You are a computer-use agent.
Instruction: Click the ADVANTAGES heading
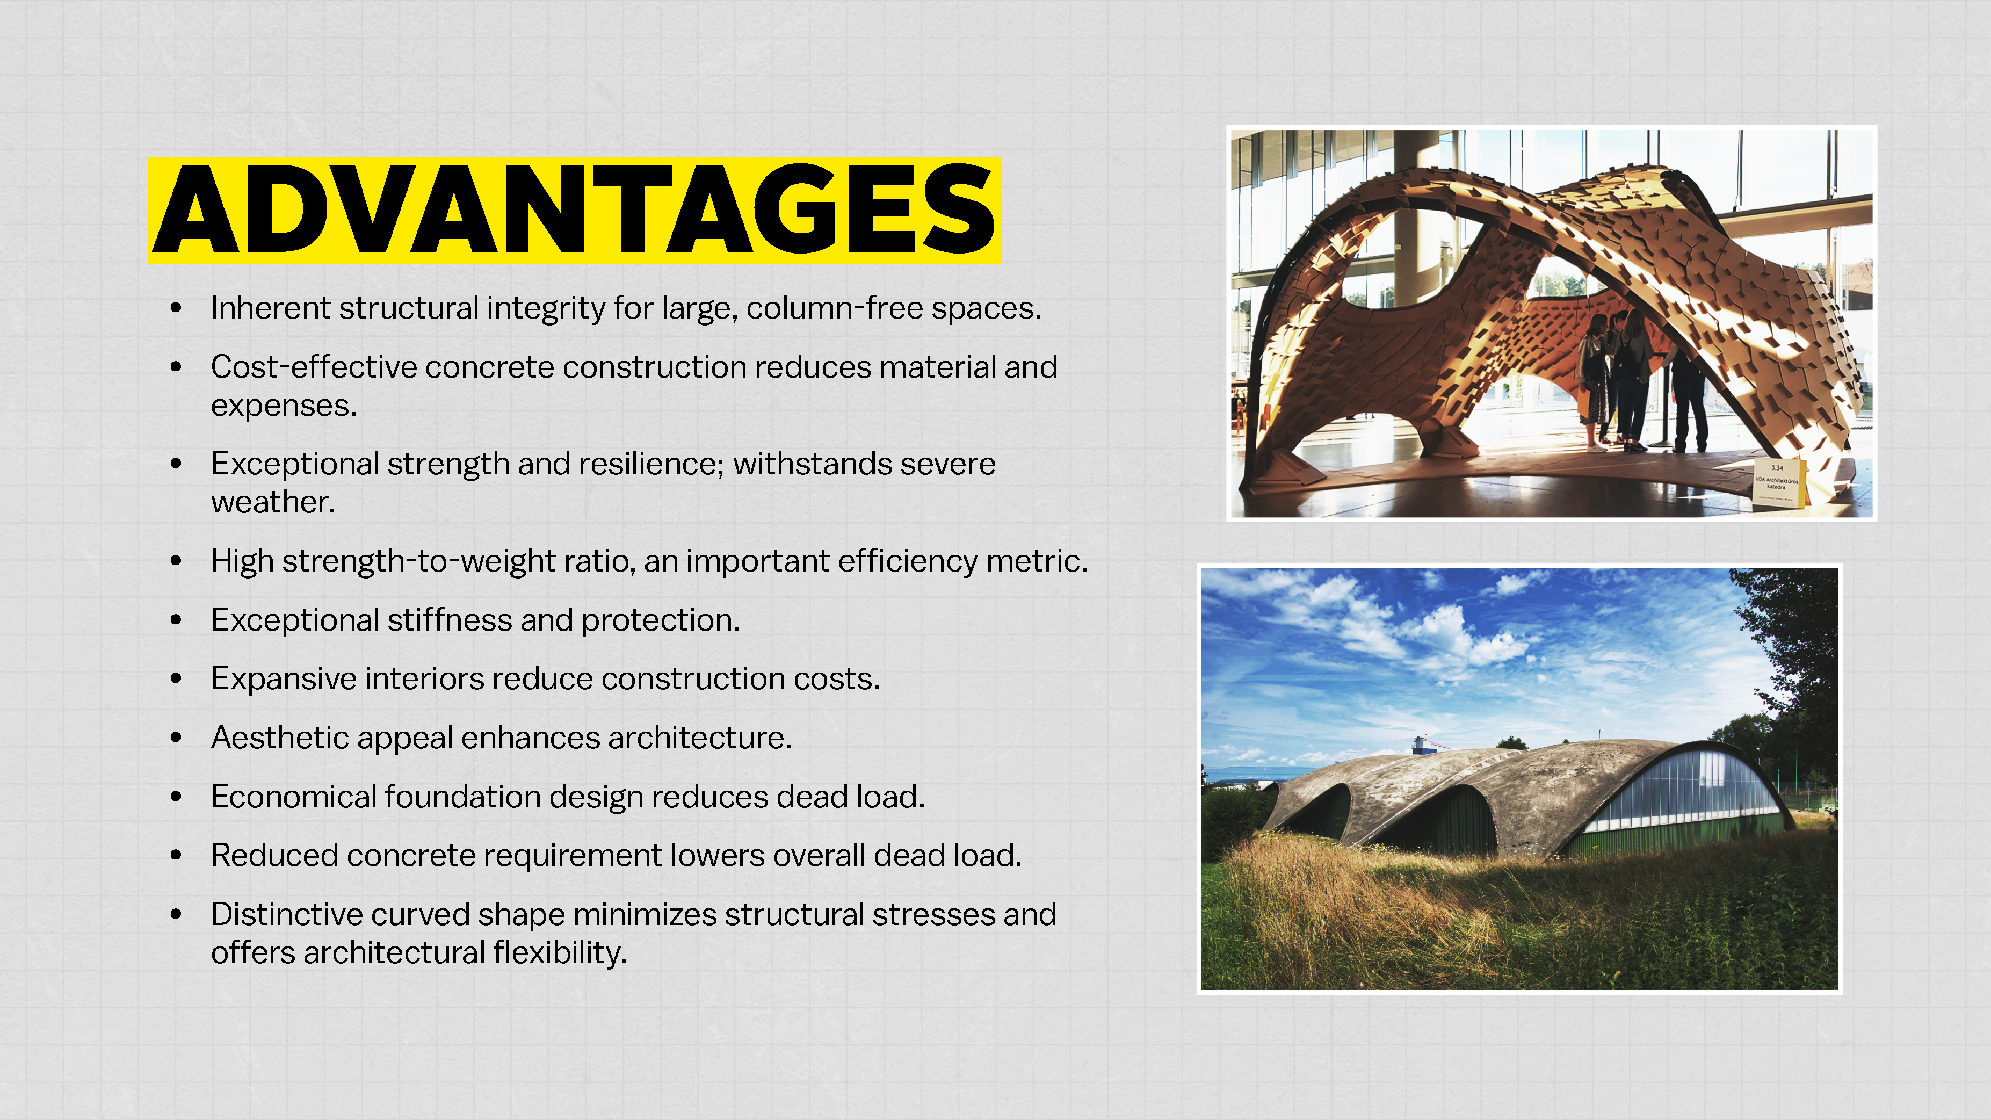574,209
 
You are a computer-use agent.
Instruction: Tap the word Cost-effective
314,367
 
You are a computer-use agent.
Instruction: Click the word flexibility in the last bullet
560,953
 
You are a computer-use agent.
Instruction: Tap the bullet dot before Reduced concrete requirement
176,856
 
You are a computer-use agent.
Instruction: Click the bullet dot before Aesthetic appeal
176,738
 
